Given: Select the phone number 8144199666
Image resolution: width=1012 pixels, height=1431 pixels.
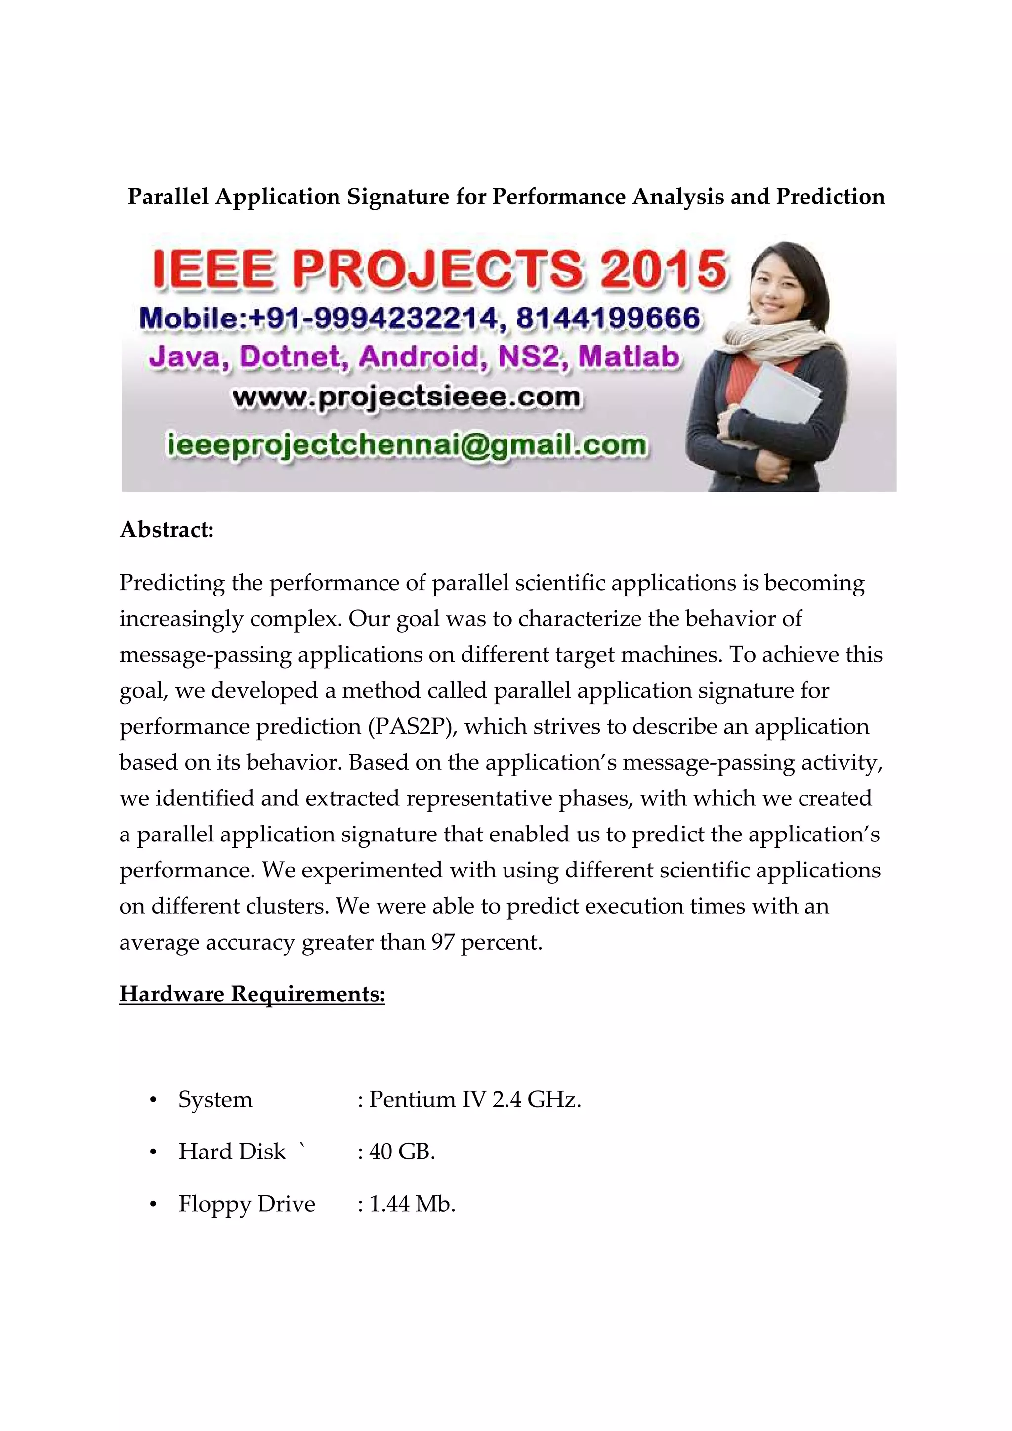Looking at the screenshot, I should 608,318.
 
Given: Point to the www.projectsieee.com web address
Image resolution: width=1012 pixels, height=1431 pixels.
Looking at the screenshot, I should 407,397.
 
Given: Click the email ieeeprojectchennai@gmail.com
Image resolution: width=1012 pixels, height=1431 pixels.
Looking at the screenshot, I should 407,445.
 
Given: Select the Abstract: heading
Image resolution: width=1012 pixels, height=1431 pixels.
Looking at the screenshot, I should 167,530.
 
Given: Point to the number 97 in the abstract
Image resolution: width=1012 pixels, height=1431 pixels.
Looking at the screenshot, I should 443,942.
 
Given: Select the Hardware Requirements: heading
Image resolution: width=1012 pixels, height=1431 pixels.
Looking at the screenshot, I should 252,994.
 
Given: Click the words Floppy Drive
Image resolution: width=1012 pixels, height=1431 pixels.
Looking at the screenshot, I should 247,1204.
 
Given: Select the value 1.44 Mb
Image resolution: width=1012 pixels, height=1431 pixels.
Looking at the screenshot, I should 412,1204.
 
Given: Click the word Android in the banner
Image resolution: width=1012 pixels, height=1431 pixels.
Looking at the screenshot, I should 422,357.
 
